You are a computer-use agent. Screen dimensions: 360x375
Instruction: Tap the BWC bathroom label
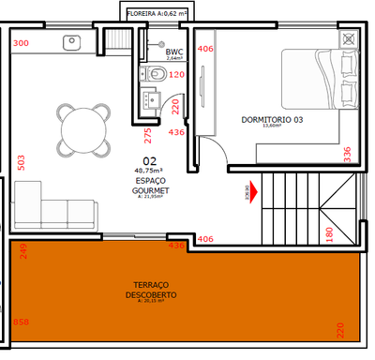[x=173, y=52]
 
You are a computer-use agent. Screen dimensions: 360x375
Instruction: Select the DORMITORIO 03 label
[x=273, y=120]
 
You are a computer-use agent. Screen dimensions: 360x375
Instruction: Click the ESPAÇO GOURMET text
[x=149, y=185]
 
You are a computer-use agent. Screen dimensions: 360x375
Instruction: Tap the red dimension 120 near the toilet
[x=176, y=75]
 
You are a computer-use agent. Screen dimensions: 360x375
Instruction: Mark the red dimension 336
[x=347, y=152]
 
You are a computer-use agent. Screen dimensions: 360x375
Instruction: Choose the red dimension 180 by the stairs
[x=329, y=232]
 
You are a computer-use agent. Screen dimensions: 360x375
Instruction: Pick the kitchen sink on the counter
[x=71, y=41]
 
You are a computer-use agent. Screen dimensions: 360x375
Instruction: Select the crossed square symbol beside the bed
[x=350, y=40]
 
